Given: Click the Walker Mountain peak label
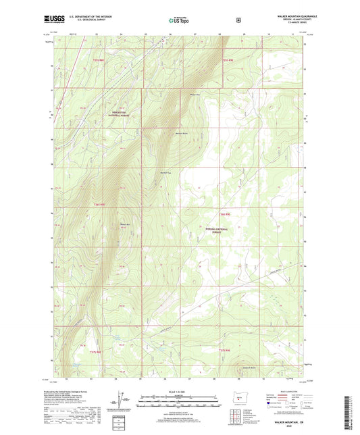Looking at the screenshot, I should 124,224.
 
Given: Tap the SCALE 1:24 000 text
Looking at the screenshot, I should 178,390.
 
